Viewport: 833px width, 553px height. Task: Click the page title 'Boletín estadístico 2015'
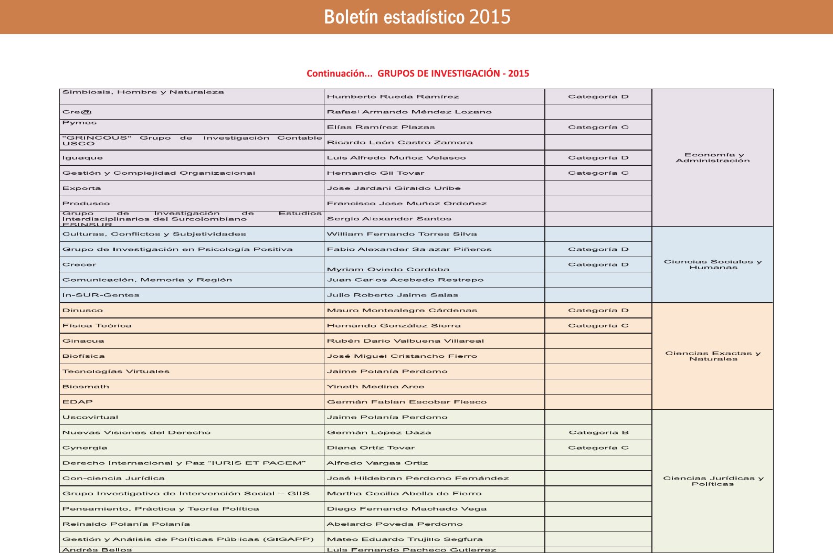pos(417,17)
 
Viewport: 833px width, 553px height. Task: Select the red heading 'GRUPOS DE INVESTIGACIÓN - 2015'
pos(453,73)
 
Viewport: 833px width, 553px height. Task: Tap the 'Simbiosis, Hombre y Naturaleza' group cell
pos(143,92)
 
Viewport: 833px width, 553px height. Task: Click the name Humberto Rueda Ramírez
pos(393,97)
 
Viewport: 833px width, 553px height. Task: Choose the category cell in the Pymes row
pos(598,127)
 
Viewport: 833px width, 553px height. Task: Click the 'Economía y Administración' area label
pos(713,157)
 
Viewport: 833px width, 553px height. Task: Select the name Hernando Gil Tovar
pos(375,173)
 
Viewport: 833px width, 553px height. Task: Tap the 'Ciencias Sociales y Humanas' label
pos(713,264)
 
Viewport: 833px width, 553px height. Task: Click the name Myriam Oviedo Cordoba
pos(388,269)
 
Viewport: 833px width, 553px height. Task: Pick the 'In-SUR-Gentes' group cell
pos(101,295)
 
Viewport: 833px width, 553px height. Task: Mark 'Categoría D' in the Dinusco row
pos(598,310)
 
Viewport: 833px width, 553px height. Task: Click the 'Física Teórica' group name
pos(97,326)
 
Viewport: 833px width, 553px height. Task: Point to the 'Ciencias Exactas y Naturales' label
pos(713,356)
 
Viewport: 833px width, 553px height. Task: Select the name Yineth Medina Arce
pos(375,387)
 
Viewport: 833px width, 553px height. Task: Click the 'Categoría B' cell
pos(598,433)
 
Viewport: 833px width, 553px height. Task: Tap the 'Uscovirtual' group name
pos(90,418)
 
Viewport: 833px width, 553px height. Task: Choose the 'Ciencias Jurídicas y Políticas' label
pos(713,481)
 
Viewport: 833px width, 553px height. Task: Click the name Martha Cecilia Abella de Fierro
pos(404,494)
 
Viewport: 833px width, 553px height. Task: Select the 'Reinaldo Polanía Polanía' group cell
pos(126,524)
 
